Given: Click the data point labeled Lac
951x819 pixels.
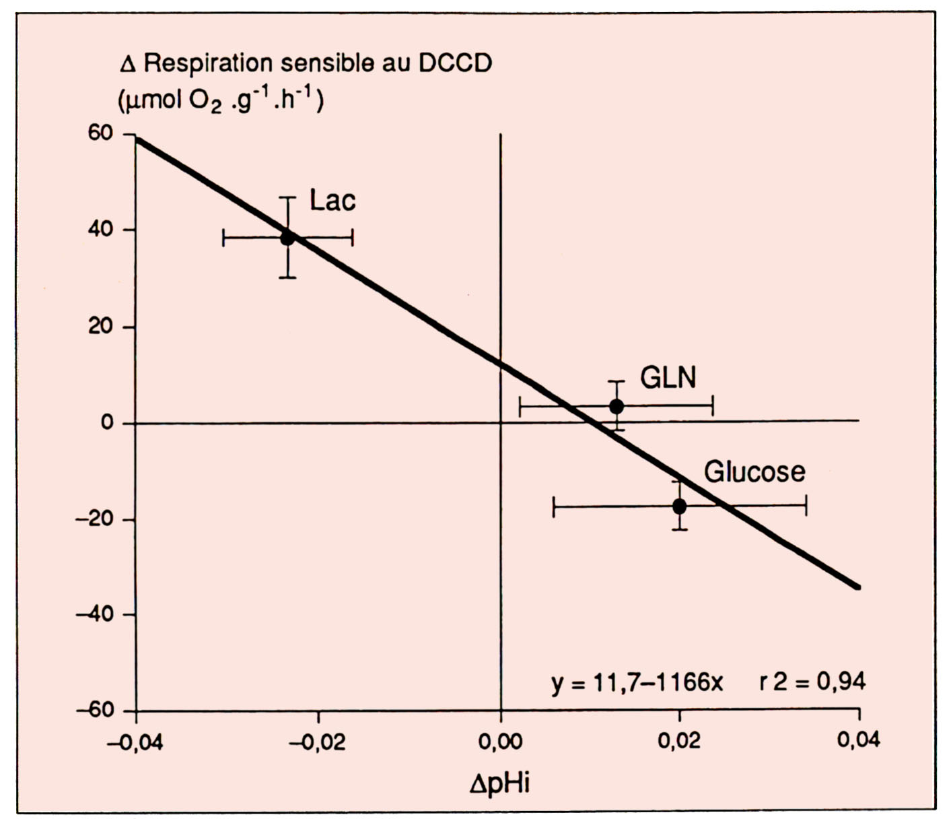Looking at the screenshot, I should (x=287, y=238).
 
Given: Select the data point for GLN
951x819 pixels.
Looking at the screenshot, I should (x=617, y=406).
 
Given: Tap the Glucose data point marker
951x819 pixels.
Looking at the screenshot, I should (x=680, y=506).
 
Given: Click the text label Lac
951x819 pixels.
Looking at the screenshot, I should (x=332, y=201).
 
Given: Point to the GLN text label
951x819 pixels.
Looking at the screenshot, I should (x=668, y=378).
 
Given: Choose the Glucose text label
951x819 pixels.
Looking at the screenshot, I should (x=754, y=472).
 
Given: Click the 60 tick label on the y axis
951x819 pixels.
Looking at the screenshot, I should (x=100, y=133).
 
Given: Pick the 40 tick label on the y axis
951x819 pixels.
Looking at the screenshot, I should (x=100, y=230).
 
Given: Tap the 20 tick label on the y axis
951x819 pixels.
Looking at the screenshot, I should (x=100, y=327).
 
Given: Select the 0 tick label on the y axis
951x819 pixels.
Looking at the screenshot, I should (x=107, y=423).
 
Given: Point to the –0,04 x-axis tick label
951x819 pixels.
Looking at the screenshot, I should (x=135, y=741).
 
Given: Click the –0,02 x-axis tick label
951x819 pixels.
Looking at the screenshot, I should (x=318, y=741).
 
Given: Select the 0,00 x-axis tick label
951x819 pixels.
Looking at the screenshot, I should (x=501, y=741).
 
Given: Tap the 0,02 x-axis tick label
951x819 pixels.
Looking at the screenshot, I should (x=680, y=741).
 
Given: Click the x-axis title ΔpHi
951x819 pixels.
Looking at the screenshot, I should (x=500, y=783).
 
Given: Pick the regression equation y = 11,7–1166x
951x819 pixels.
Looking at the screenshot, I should (x=637, y=683).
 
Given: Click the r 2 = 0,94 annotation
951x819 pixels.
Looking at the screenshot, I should (x=812, y=682).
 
